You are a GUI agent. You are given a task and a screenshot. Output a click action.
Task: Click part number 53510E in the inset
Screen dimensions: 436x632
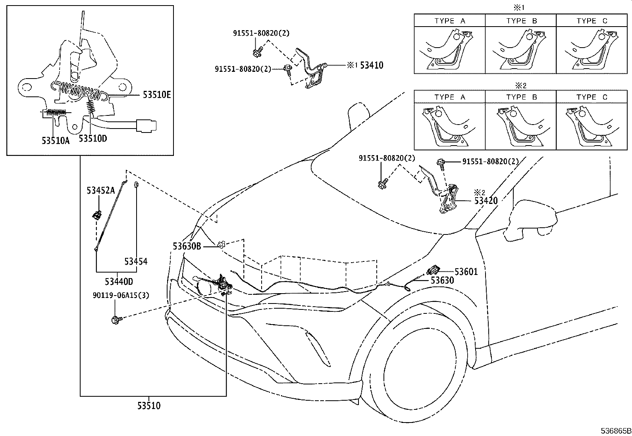tap(157, 95)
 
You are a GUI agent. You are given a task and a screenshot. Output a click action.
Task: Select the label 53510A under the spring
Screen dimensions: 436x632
tap(56, 140)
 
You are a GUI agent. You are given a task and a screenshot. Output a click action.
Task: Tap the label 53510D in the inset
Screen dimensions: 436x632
tap(93, 138)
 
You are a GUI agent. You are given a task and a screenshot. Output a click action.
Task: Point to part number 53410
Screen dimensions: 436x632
tap(372, 65)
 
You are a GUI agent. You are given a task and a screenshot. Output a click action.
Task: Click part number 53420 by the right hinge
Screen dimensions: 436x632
tap(486, 201)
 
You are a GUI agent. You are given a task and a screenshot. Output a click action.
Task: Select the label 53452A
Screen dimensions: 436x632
tap(100, 191)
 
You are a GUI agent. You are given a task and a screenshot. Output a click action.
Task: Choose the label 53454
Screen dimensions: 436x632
tap(136, 261)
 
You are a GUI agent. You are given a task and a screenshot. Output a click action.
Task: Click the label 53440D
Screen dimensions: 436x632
tap(119, 282)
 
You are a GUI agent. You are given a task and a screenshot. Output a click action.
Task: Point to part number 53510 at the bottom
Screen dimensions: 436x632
tap(149, 406)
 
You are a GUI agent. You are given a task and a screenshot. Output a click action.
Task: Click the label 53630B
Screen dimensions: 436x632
tap(187, 246)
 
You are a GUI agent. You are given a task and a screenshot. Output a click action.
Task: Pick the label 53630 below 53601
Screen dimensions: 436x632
tap(442, 280)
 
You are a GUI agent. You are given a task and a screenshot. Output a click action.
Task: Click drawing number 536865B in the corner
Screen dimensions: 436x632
tap(615, 431)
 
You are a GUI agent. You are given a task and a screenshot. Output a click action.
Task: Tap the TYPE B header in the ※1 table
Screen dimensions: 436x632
tap(521, 21)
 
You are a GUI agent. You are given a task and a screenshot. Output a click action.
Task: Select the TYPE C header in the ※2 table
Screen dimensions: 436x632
tap(592, 97)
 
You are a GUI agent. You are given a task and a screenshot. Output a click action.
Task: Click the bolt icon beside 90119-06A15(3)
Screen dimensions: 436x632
tap(116, 319)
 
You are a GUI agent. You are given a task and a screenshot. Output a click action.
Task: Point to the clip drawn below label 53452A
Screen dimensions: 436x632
tap(96, 216)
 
